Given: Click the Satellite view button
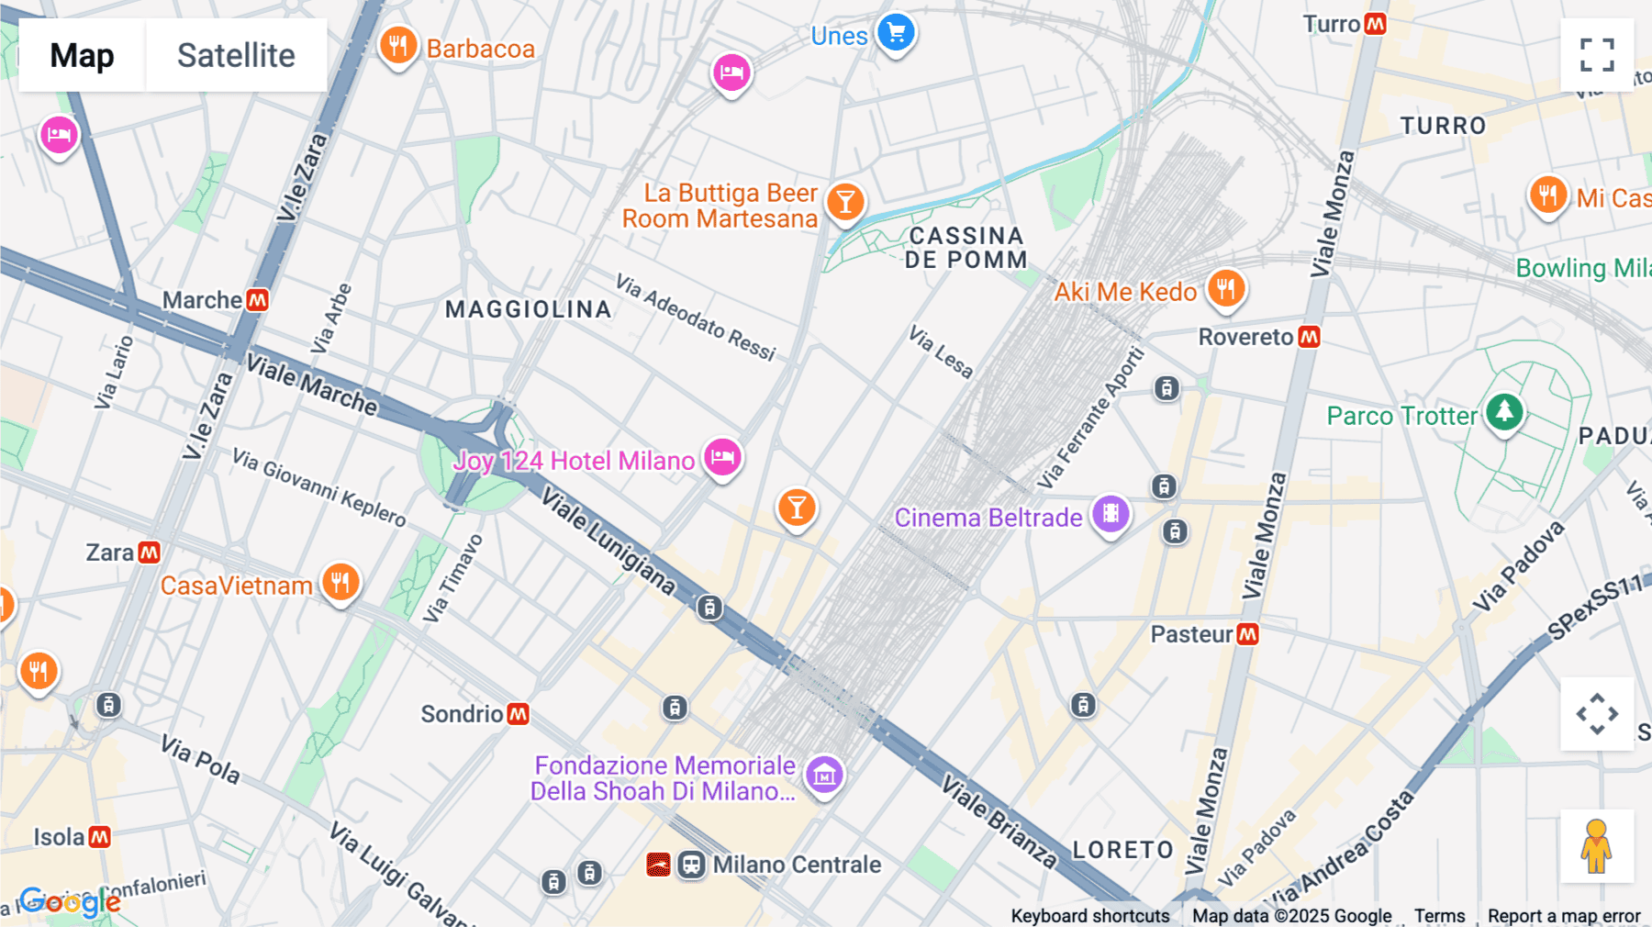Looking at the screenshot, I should click(x=236, y=55).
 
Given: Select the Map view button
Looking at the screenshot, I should click(x=82, y=55).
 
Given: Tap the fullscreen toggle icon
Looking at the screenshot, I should click(x=1597, y=55).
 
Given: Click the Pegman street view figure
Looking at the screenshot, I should click(x=1596, y=845).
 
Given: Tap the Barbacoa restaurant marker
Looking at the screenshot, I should click(x=397, y=45).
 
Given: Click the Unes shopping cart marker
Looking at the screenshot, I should click(x=896, y=33).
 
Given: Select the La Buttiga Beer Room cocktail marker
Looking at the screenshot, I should click(x=845, y=201).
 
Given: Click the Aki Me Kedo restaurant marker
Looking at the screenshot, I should click(x=1225, y=289).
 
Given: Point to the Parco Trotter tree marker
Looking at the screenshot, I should click(x=1504, y=411).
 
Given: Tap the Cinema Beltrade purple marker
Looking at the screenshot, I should click(x=1111, y=514).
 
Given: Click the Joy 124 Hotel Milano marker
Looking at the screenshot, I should click(x=722, y=456).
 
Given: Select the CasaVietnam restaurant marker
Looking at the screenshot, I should click(x=340, y=582).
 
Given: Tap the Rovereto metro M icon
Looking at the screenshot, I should click(x=1310, y=337).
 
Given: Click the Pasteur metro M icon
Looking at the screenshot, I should click(x=1247, y=634).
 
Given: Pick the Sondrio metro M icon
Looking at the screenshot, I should click(x=519, y=714).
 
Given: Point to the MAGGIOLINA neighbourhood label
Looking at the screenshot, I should click(x=528, y=309).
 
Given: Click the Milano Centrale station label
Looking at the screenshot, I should click(x=796, y=865).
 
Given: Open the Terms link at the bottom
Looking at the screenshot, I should click(x=1439, y=915).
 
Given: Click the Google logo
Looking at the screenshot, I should click(x=70, y=901).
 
